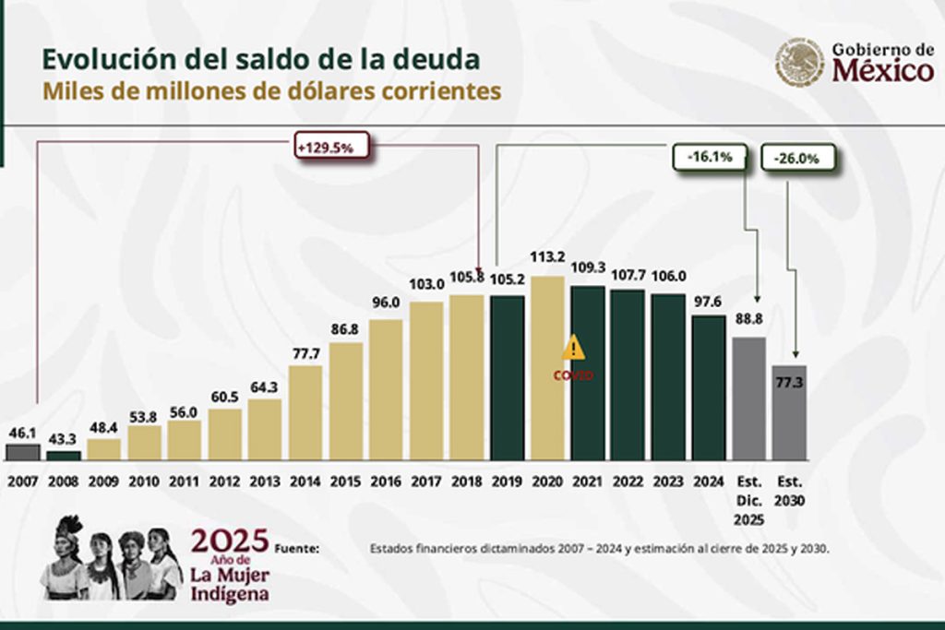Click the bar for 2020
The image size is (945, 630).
[x=547, y=368]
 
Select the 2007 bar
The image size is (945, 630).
[x=23, y=452]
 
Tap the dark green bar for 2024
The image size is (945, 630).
[x=709, y=387]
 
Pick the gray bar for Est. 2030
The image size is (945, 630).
[x=790, y=412]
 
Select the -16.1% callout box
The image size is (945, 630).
[x=709, y=157]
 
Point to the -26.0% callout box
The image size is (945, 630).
[x=798, y=158]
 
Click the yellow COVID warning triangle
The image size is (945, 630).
[x=574, y=348]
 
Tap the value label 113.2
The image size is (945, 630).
[x=547, y=257]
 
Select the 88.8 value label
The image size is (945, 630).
[x=748, y=320]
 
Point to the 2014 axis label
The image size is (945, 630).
[x=305, y=481]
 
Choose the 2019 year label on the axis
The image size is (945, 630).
[x=507, y=481]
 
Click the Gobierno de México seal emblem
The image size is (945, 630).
[x=799, y=63]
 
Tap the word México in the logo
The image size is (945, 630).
[x=882, y=71]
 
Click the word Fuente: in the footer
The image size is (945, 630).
[x=297, y=548]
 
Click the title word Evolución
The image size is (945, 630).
[x=100, y=59]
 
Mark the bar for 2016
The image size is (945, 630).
[x=386, y=389]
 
